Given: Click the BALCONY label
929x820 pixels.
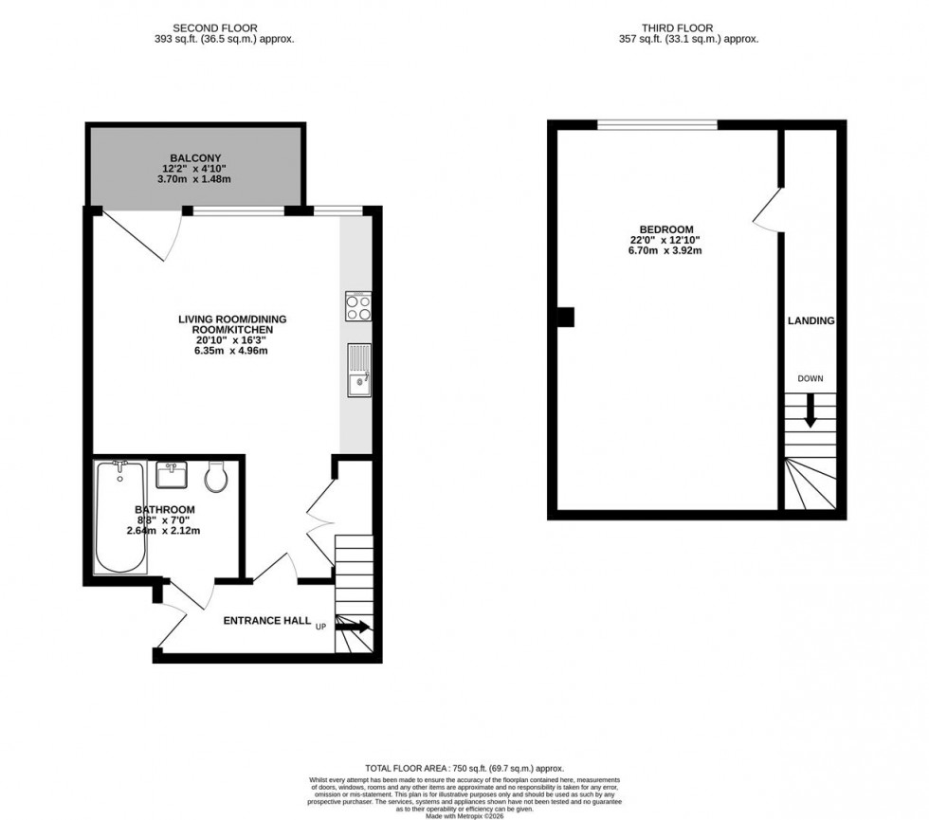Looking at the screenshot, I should (x=196, y=157).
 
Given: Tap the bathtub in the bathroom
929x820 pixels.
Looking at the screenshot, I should (x=120, y=517).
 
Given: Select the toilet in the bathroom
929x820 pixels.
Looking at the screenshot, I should (x=217, y=476).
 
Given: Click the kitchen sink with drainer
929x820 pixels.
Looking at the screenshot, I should (x=359, y=370).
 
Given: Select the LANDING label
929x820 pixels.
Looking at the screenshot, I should (x=811, y=321).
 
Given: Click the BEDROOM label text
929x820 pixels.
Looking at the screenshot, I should (x=666, y=229).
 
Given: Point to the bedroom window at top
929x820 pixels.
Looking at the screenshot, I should (x=657, y=124).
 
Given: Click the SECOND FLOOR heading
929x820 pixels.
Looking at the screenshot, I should (x=215, y=28).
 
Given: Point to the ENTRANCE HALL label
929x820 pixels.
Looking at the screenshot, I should (x=267, y=621).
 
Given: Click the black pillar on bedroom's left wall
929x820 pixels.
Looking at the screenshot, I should (x=565, y=317).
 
